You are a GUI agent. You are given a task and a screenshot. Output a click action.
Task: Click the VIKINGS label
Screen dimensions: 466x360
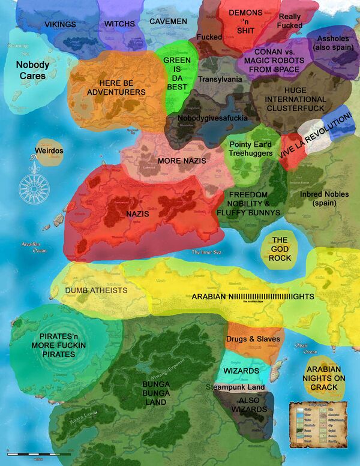coord(60,24)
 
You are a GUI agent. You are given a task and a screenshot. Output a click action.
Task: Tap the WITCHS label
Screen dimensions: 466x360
coord(119,24)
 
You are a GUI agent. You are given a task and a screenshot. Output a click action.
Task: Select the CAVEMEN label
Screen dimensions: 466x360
coord(168,22)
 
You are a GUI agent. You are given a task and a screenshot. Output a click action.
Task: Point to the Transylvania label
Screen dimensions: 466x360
coord(220,79)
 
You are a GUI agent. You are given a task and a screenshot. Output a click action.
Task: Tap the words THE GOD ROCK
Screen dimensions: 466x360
coord(280,249)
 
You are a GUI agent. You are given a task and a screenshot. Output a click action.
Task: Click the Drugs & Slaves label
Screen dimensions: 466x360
coord(253,339)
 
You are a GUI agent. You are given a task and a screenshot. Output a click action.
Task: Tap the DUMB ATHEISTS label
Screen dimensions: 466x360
coord(96,290)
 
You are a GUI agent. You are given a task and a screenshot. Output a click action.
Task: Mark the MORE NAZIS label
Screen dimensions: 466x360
coord(182,161)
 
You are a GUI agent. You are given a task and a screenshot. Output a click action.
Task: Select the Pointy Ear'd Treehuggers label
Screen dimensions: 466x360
coord(251,149)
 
